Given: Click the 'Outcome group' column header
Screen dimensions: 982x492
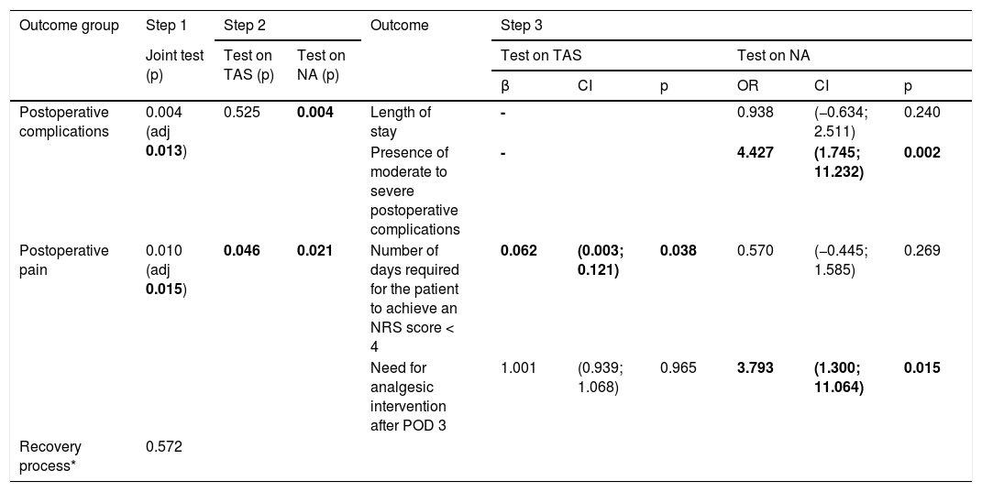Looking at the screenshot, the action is pos(69,26).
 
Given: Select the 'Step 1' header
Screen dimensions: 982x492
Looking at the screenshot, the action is pos(166,26).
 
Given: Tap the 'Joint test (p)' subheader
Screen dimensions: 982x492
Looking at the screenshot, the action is pos(175,65).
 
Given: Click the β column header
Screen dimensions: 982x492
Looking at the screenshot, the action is pos(505,87).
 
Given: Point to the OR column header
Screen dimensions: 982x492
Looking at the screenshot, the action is pos(748,86).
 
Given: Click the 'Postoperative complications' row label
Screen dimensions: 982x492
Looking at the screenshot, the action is pos(64,122).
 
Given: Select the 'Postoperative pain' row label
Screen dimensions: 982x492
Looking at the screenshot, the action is pos(64,260).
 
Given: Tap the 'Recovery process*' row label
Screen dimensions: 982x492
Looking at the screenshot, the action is pos(50,456).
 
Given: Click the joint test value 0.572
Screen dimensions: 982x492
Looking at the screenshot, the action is pos(164,447).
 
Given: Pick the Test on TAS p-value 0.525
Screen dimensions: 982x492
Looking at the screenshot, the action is pos(242,113).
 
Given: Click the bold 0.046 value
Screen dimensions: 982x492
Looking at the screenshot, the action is pos(242,251).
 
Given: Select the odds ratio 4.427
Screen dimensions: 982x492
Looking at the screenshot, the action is pos(756,153).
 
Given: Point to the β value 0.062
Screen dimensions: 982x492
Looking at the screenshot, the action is pos(519,251).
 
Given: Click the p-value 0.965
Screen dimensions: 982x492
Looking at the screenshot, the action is pos(679,368).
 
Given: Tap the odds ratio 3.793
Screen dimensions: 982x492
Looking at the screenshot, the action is pos(756,368).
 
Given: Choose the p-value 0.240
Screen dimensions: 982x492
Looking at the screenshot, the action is pos(921,113).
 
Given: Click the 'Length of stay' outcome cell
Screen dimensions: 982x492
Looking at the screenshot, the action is pos(401,122).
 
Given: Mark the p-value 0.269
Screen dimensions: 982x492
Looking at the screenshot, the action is pos(921,251).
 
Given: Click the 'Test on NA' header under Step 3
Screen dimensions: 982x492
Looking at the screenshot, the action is pos(774,56).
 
